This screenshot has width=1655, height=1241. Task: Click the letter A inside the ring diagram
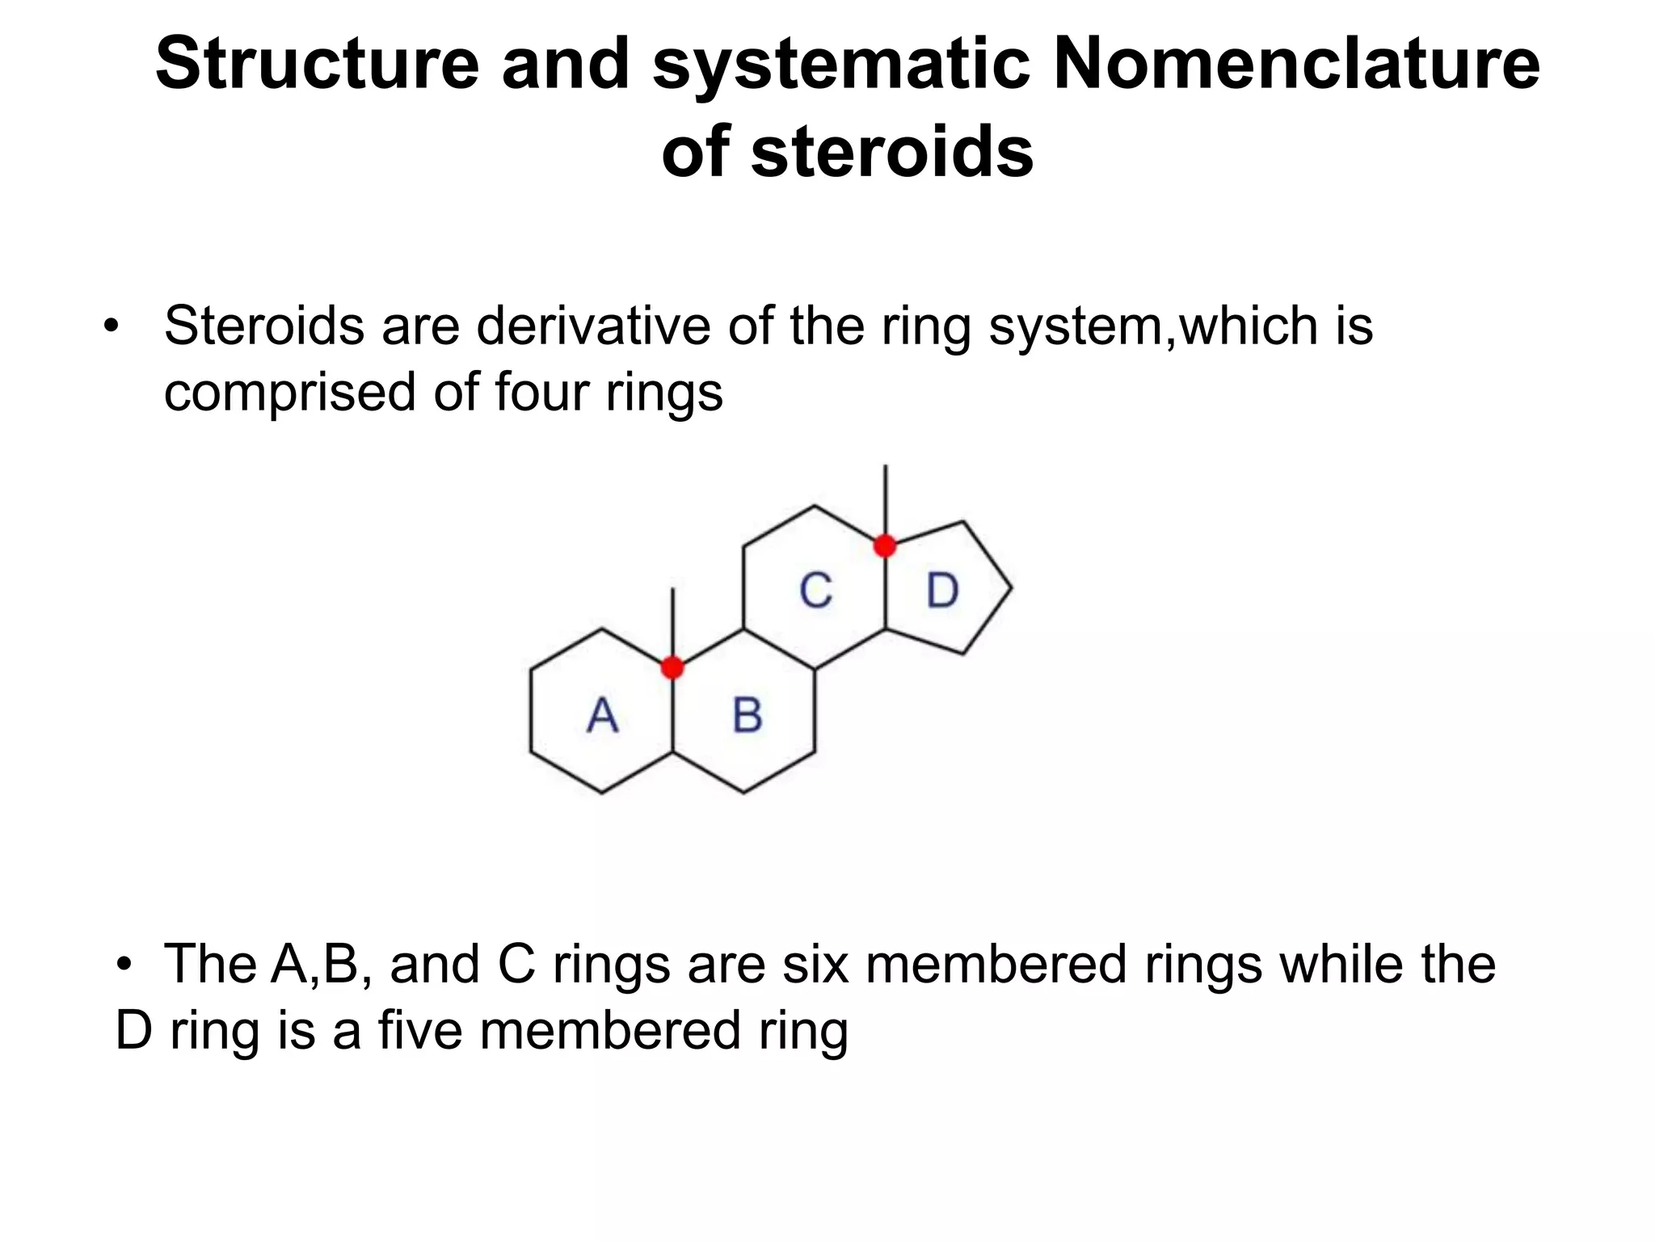(602, 715)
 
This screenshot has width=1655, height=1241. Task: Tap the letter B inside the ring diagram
(747, 715)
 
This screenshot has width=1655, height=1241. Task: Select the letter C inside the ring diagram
(815, 591)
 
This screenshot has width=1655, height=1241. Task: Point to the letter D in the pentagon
(942, 591)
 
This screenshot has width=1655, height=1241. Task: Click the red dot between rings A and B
(672, 667)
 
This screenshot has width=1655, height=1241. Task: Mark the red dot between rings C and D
(885, 546)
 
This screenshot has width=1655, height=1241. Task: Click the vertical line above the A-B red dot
(672, 622)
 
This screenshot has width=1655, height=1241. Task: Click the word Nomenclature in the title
(1296, 65)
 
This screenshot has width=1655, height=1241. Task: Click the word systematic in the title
(840, 65)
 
